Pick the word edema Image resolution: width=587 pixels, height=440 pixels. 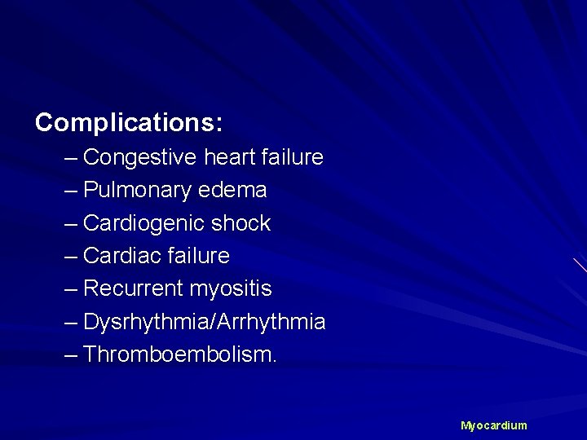pos(237,191)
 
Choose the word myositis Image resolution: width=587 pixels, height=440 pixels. pos(231,289)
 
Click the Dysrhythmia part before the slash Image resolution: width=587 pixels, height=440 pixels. pos(145,323)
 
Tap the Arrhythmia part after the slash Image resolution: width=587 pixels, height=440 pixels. pos(270,323)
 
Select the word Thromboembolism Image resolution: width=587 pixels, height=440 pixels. pos(180,355)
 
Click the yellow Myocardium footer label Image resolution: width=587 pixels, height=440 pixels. pos(494,426)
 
